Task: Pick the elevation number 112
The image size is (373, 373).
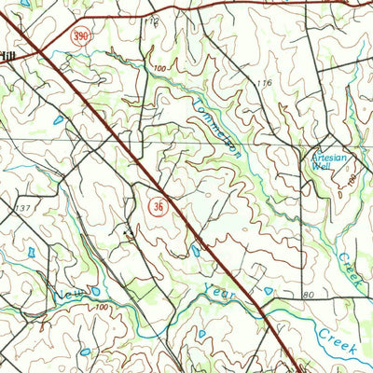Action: click(x=152, y=21)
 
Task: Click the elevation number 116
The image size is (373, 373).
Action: click(x=264, y=84)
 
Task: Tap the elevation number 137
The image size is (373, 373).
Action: click(x=24, y=207)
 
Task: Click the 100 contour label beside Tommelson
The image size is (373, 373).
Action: click(x=160, y=68)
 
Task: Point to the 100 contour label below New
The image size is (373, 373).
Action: click(x=101, y=308)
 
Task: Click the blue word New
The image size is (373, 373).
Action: click(x=68, y=295)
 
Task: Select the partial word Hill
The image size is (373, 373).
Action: click(x=7, y=57)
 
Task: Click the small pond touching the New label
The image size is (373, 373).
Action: click(x=94, y=291)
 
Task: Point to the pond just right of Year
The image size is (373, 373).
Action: click(x=269, y=291)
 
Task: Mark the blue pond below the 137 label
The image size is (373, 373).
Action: click(x=32, y=253)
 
